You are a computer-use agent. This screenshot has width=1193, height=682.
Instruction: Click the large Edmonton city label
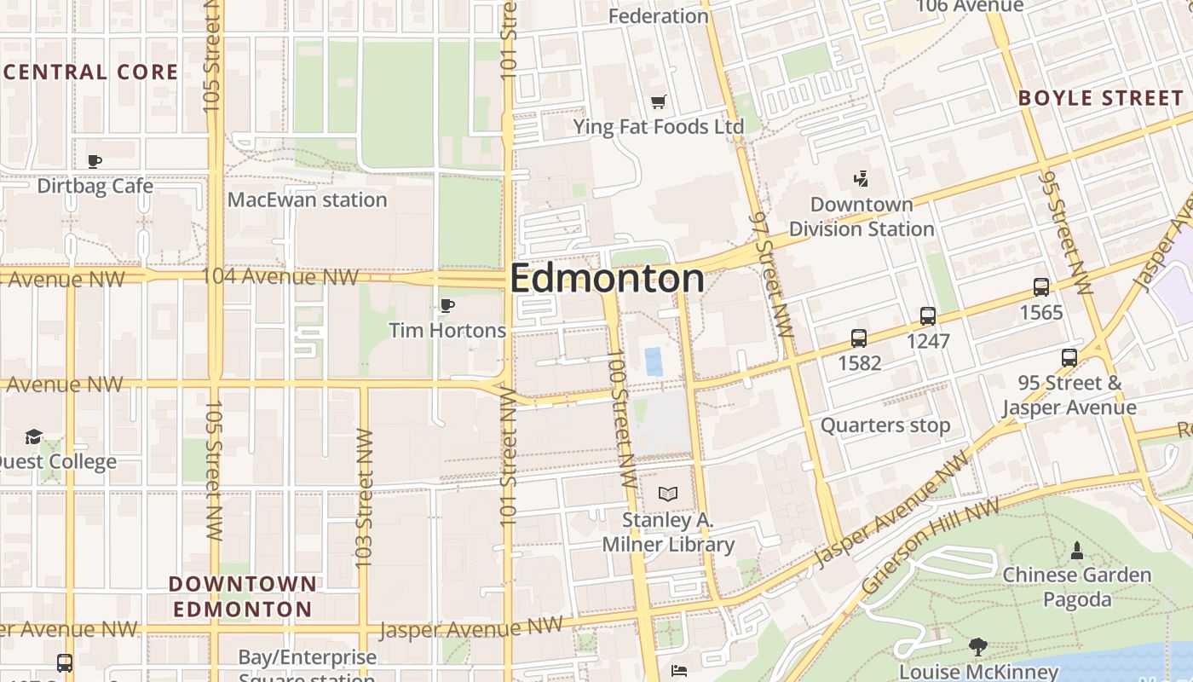click(607, 279)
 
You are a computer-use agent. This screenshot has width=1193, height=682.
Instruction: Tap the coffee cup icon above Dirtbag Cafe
click(95, 161)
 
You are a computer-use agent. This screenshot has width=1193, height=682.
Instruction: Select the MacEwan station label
click(307, 200)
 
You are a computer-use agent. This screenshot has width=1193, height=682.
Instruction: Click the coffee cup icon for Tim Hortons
click(447, 305)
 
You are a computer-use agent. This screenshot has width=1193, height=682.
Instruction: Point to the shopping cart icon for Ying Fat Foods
click(658, 102)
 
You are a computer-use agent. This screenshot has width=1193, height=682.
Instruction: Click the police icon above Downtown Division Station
click(862, 179)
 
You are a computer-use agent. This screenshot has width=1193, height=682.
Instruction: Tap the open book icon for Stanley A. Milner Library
click(668, 494)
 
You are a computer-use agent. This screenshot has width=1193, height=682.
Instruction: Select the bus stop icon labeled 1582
click(859, 338)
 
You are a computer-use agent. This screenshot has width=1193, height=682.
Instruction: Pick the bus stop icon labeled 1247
click(928, 316)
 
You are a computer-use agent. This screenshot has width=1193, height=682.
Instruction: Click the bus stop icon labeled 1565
click(1040, 287)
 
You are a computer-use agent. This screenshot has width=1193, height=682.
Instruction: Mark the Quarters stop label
click(885, 425)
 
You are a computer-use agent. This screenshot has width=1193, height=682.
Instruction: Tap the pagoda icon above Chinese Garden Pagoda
click(1077, 550)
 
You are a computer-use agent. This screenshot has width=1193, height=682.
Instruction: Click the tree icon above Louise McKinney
click(978, 647)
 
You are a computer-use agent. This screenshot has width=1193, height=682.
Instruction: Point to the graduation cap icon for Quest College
click(33, 436)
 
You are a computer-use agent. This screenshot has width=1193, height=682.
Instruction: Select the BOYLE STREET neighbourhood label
click(1101, 98)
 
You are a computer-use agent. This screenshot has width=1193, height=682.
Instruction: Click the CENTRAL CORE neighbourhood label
click(90, 72)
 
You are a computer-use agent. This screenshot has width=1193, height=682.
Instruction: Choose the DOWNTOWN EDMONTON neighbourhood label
click(243, 597)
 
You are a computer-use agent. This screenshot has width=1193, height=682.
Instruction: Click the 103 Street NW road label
click(364, 499)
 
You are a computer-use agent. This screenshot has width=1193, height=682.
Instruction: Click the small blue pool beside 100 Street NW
click(653, 361)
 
